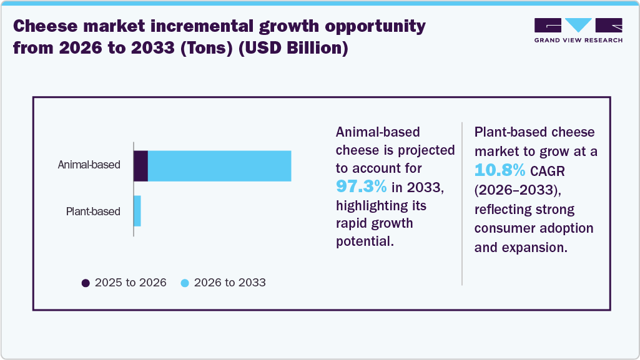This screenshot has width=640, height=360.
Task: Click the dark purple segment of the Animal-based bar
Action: click(x=140, y=166)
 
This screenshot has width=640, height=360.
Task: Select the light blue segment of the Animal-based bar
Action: click(x=219, y=166)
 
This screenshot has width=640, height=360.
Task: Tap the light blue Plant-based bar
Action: click(x=137, y=211)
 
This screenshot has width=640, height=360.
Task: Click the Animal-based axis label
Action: click(x=89, y=165)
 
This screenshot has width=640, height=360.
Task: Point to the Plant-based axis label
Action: click(x=93, y=212)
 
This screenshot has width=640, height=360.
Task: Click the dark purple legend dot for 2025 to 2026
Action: click(x=86, y=283)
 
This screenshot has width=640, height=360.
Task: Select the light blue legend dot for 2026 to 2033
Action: click(x=184, y=283)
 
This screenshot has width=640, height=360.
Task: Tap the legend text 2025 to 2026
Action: click(x=130, y=283)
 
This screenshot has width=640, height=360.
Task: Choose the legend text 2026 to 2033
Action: click(x=230, y=283)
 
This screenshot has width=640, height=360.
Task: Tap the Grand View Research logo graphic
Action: click(x=578, y=26)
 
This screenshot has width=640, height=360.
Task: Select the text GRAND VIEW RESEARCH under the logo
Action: click(x=578, y=41)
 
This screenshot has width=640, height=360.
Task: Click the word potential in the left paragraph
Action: click(x=365, y=241)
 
